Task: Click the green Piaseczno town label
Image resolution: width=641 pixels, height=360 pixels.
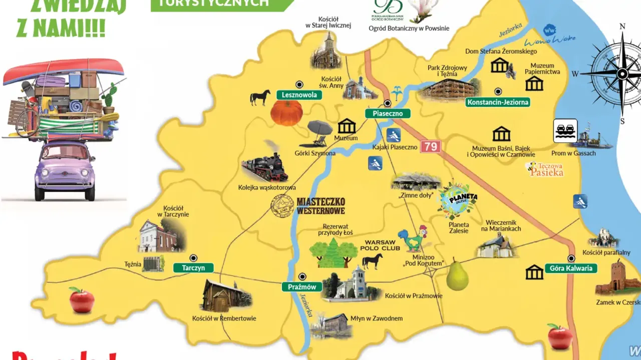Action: pyautogui.click(x=388, y=114)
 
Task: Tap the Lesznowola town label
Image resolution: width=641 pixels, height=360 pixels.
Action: pyautogui.click(x=299, y=95)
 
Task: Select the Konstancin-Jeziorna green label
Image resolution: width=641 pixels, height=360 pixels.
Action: pyautogui.click(x=497, y=102)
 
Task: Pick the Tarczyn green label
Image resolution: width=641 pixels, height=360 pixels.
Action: pyautogui.click(x=193, y=268)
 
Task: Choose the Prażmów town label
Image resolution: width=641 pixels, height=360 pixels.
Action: pyautogui.click(x=302, y=287)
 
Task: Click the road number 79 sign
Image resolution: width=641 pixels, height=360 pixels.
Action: pyautogui.click(x=430, y=147)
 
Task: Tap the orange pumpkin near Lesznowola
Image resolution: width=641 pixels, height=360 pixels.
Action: pyautogui.click(x=287, y=113)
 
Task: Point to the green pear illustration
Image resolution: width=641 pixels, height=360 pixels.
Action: pyautogui.click(x=457, y=275)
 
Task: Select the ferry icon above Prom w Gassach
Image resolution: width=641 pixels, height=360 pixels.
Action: pyautogui.click(x=565, y=131)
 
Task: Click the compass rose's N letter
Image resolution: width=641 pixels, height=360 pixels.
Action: pyautogui.click(x=622, y=27)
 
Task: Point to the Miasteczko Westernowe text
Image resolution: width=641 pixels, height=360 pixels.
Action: pyautogui.click(x=320, y=205)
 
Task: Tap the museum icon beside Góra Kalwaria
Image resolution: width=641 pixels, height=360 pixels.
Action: pyautogui.click(x=534, y=272)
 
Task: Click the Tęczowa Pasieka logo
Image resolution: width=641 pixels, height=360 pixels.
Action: pyautogui.click(x=545, y=169)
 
